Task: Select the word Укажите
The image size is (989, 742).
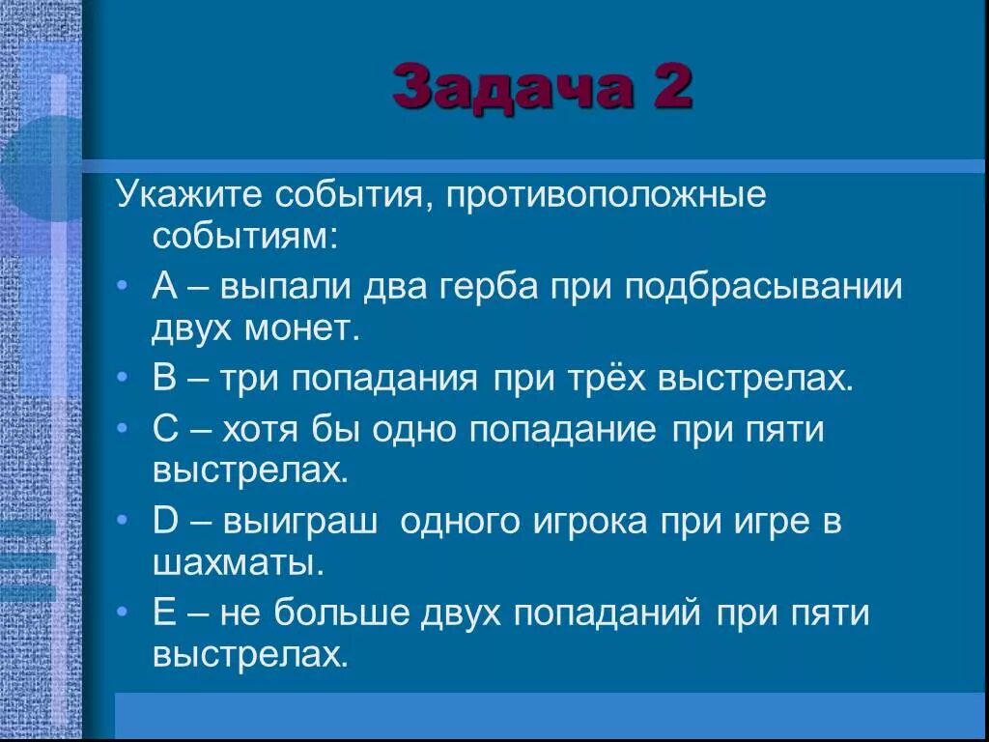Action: tap(189, 196)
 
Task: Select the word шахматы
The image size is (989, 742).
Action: tap(237, 563)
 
